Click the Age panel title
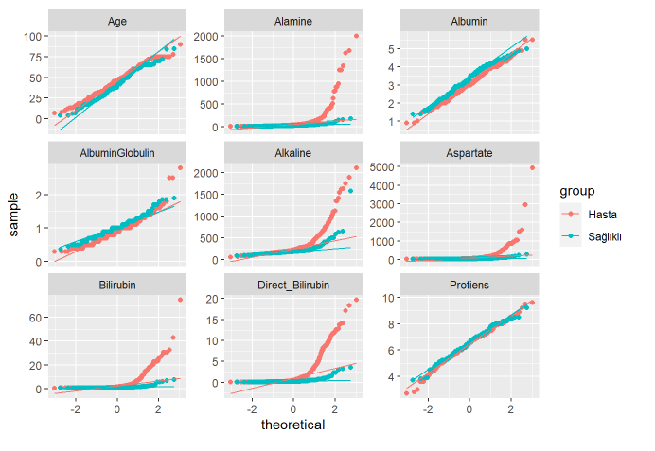[x=117, y=21]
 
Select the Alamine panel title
[x=293, y=21]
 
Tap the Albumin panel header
[x=469, y=21]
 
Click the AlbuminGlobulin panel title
[x=117, y=152]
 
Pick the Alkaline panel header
[x=293, y=152]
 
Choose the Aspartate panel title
[x=469, y=152]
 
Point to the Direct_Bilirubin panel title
[x=293, y=284]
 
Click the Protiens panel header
[x=469, y=284]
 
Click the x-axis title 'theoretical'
[x=292, y=425]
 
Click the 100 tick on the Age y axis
[x=35, y=36]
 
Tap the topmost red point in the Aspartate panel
[x=532, y=168]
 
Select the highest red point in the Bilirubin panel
[x=180, y=300]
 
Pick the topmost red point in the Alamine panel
[x=356, y=36]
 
